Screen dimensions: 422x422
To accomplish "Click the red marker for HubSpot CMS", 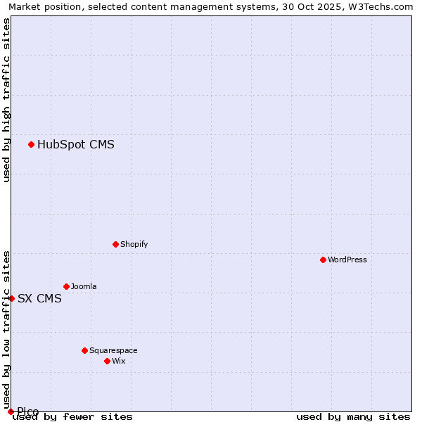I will [x=31, y=144].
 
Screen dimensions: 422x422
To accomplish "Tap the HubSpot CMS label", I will [x=76, y=145].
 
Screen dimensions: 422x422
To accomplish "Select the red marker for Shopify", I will [x=115, y=244].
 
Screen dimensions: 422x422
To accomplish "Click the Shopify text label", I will [x=134, y=244].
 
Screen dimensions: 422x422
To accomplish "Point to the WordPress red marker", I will [x=323, y=260].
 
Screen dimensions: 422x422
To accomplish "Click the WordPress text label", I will [x=347, y=260].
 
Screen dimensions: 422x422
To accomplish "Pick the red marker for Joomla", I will [x=66, y=286].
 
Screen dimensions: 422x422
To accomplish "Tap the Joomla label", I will [x=84, y=286].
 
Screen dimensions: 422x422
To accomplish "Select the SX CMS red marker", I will [x=11, y=298].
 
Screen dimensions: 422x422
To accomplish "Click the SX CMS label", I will [x=39, y=298].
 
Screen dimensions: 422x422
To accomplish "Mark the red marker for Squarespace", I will [x=84, y=350].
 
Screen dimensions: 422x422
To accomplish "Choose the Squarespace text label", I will [x=113, y=350].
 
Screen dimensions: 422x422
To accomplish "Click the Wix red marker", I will [x=107, y=361].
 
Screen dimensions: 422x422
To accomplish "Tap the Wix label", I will [x=119, y=361].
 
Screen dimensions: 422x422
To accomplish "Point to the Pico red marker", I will [x=11, y=411].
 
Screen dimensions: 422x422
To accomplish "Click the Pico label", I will [x=28, y=411].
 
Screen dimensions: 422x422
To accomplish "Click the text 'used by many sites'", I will [x=353, y=417].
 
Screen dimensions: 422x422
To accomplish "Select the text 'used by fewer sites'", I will [x=72, y=417].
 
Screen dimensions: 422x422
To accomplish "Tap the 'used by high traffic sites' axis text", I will [x=7, y=100].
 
